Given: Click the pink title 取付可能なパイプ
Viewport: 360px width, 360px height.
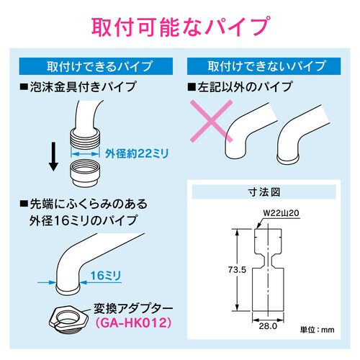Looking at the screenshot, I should (180, 27).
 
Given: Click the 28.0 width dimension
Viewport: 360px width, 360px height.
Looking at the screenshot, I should (269, 326).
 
